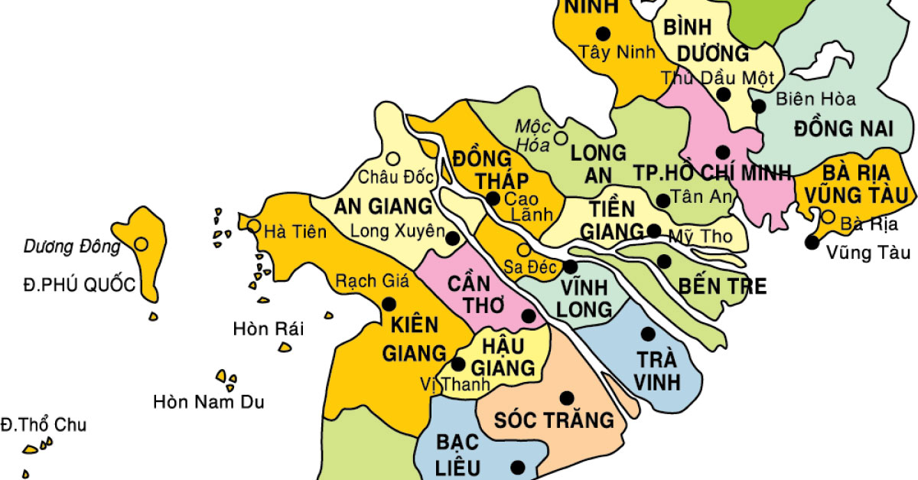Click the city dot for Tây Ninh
[604, 33]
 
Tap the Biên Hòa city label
[815, 99]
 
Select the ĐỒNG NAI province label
[843, 128]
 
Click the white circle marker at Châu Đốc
[393, 158]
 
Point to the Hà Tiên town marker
[253, 226]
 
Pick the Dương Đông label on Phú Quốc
[72, 247]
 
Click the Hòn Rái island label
[268, 329]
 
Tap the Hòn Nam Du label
[208, 401]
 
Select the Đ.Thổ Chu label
[44, 425]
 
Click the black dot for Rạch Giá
[388, 304]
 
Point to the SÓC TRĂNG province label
[554, 420]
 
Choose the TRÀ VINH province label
[658, 371]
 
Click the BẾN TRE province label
[721, 286]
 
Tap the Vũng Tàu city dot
[811, 243]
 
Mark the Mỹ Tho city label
[700, 237]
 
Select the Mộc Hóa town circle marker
[561, 139]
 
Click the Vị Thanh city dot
[458, 364]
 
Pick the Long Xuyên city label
[397, 230]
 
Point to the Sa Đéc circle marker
[524, 250]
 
